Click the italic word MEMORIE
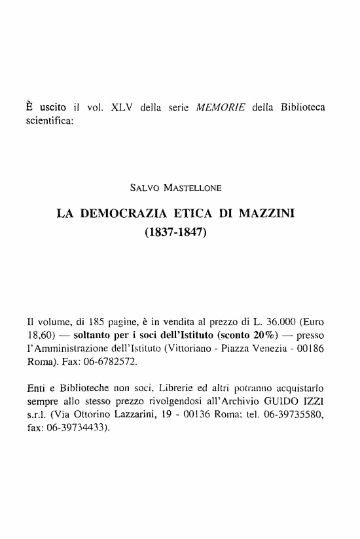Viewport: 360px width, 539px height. coord(226,107)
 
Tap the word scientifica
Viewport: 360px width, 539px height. coord(47,122)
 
